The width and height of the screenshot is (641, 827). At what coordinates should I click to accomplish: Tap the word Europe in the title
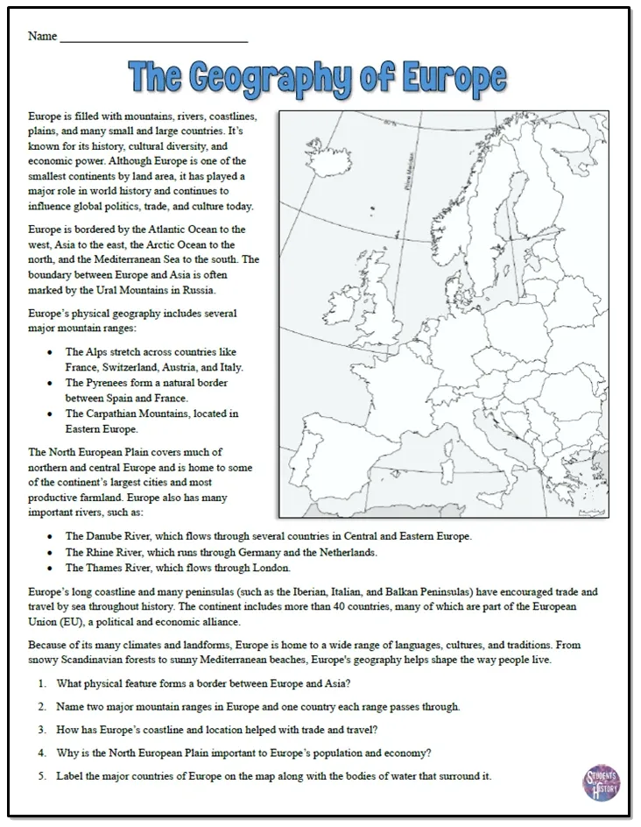point(454,79)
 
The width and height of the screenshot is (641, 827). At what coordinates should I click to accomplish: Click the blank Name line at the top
point(153,37)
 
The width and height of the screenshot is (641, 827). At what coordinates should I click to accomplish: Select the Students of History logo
point(601,782)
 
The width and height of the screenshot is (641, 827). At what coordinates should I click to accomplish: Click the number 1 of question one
point(42,683)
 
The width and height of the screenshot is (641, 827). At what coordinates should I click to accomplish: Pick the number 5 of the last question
point(42,776)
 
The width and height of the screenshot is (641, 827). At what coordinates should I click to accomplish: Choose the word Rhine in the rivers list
point(101,553)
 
